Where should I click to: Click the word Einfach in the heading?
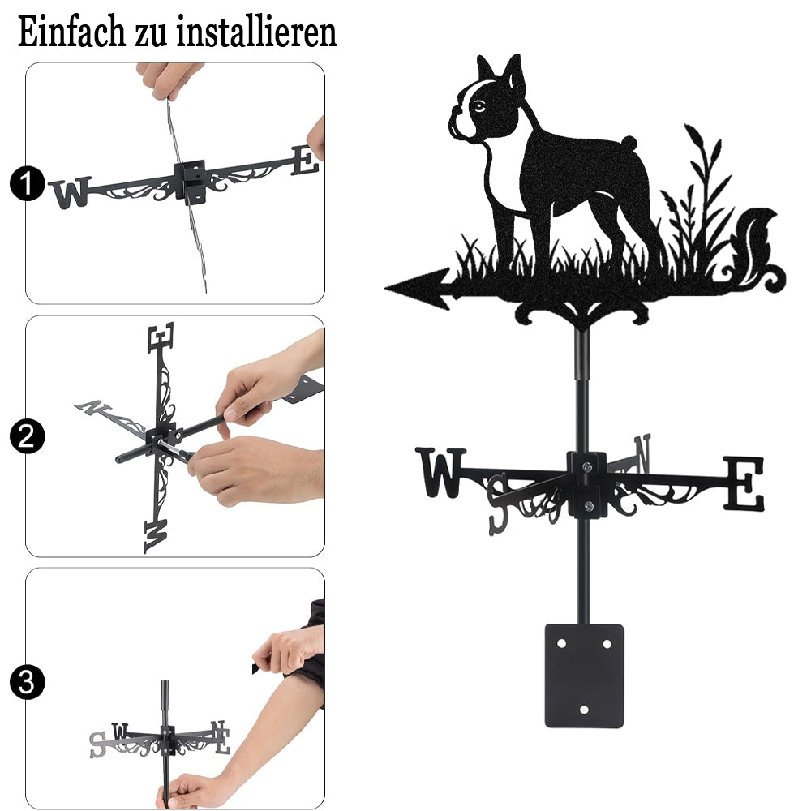click(x=71, y=32)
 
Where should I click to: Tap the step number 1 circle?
click(x=27, y=183)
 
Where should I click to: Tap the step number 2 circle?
click(x=27, y=436)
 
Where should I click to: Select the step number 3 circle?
click(x=27, y=682)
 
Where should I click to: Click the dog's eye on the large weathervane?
click(x=479, y=106)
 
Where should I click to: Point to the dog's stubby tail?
click(x=629, y=142)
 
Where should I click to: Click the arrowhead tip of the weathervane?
click(x=386, y=288)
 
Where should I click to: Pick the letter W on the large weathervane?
click(x=440, y=472)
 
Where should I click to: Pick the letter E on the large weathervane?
click(x=743, y=483)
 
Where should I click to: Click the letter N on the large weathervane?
click(x=642, y=453)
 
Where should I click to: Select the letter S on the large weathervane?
click(x=499, y=504)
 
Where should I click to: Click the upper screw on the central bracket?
click(x=586, y=467)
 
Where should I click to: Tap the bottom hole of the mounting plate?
click(x=584, y=710)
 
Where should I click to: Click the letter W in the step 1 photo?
click(x=71, y=192)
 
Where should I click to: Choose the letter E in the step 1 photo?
click(x=305, y=160)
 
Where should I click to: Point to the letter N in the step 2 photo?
click(x=92, y=407)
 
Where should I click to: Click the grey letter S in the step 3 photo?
click(x=98, y=744)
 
